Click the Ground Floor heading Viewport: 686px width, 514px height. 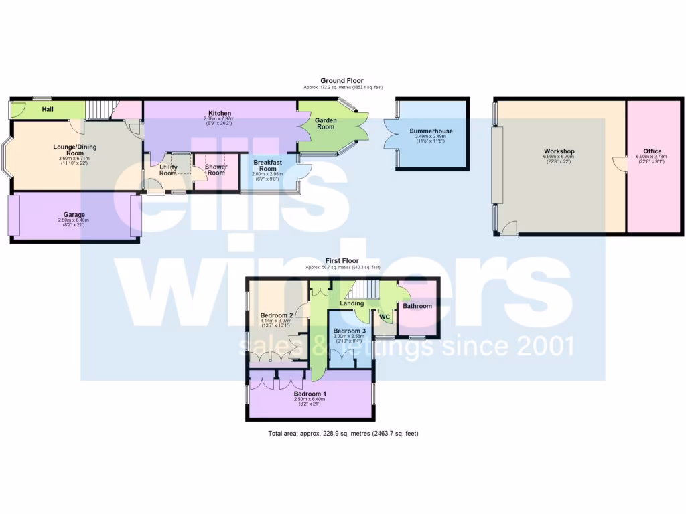tap(342, 80)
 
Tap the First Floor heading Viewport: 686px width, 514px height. tap(342, 260)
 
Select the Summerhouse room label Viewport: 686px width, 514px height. tap(431, 131)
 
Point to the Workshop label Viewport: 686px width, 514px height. tap(559, 151)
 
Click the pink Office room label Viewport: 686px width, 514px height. tap(652, 151)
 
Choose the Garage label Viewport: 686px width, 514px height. tap(74, 214)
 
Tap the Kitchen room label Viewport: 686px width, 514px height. tap(220, 113)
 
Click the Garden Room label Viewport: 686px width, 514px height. tap(326, 122)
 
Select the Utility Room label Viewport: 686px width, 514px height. tap(168, 170)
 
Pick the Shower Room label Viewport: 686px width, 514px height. tap(216, 169)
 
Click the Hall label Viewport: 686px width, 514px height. tap(48, 108)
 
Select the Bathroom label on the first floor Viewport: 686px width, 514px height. tap(417, 306)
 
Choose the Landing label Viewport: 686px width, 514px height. tap(352, 303)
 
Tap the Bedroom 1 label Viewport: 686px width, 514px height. tap(311, 394)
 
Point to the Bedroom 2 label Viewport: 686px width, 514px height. tap(277, 315)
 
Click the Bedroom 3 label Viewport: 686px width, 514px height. tap(350, 331)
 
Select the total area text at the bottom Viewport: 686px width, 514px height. tap(343, 434)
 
